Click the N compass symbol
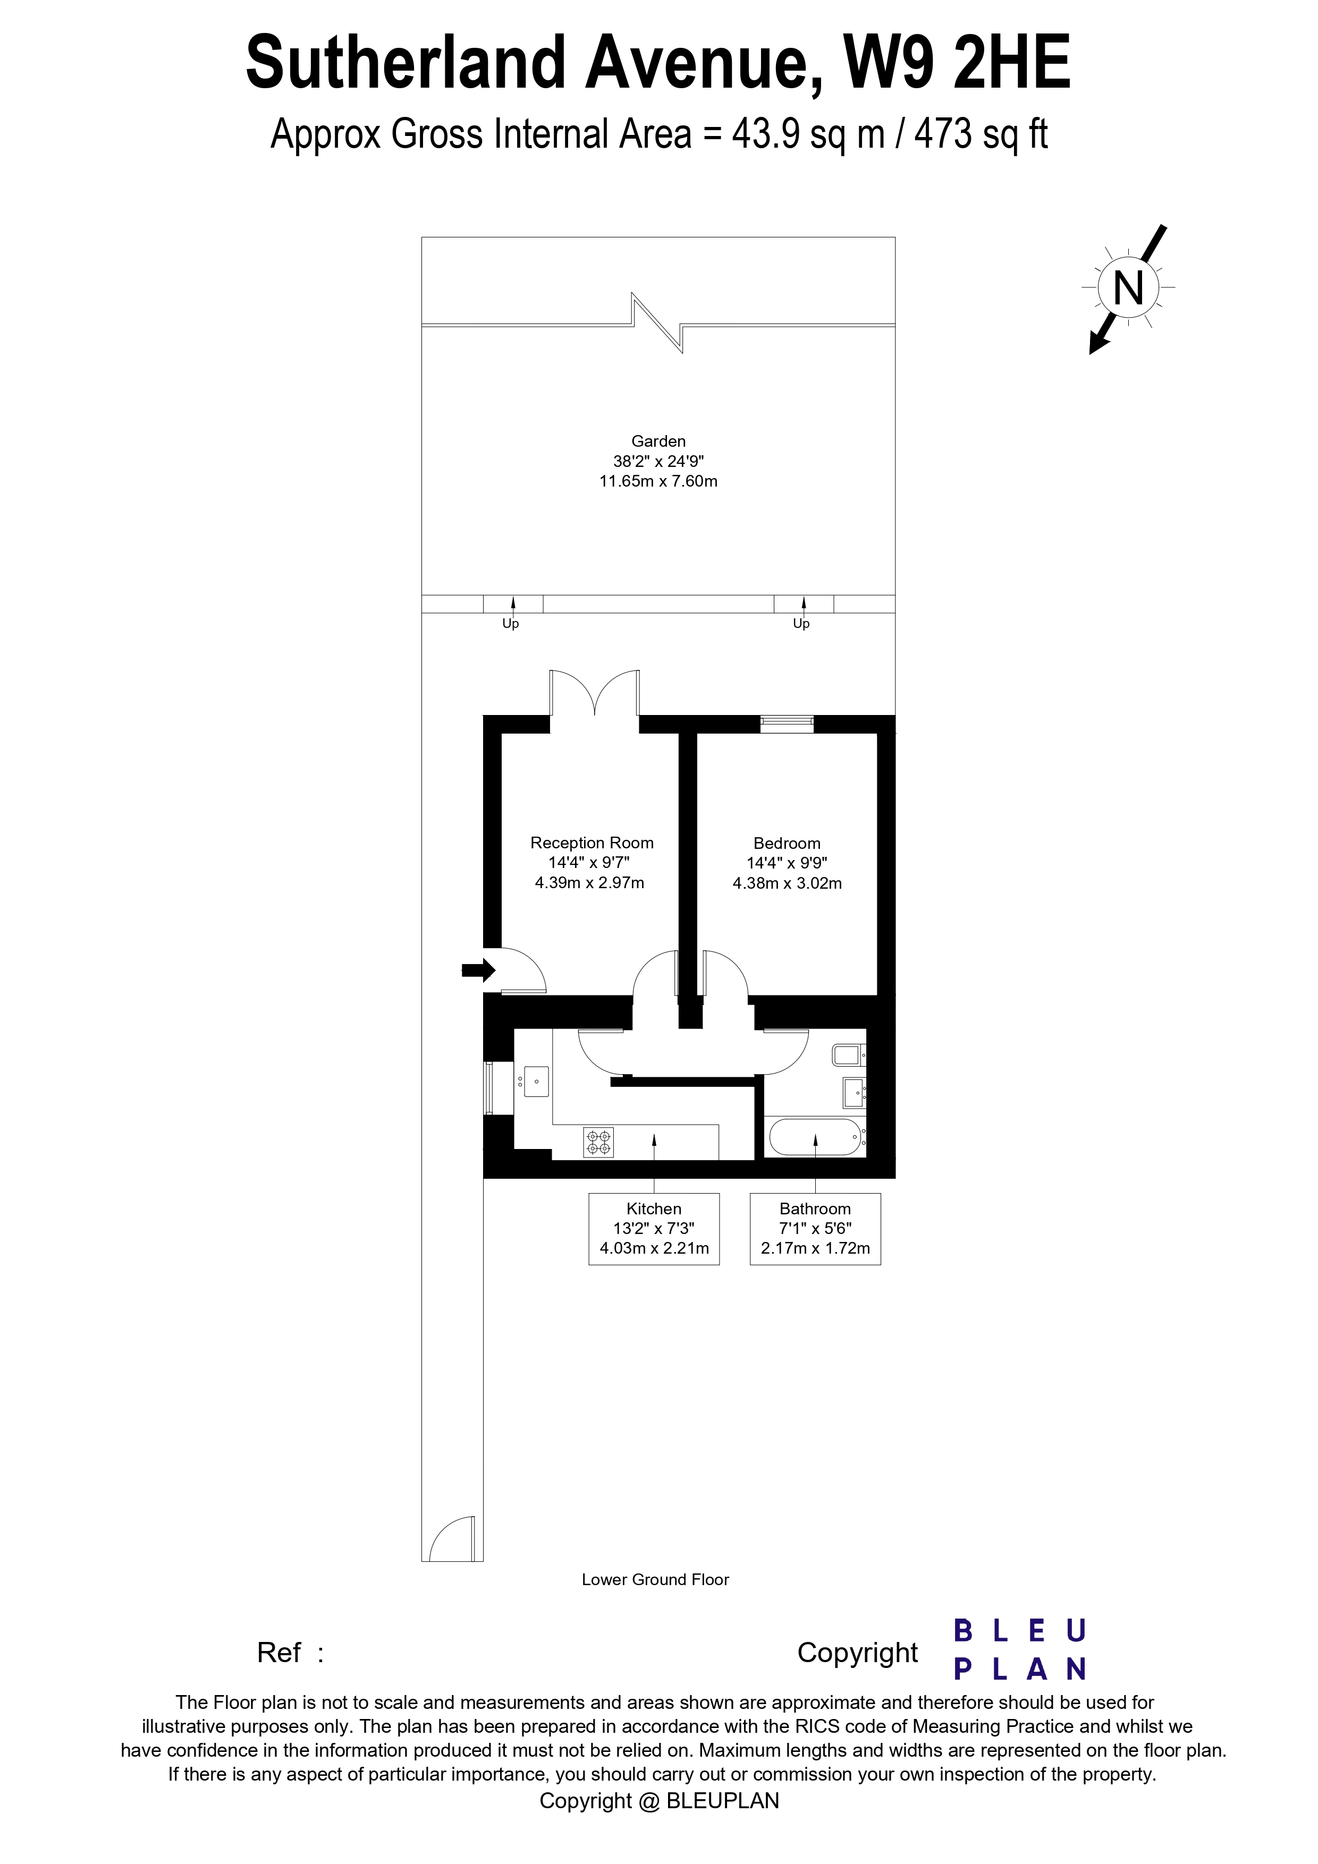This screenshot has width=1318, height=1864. (x=1128, y=288)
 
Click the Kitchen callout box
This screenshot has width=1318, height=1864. (x=654, y=1228)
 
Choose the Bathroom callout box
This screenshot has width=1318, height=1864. (x=815, y=1228)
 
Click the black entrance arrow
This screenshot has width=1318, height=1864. (x=478, y=969)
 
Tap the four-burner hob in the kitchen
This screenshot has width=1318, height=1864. (x=598, y=1142)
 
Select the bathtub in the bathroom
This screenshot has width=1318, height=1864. (x=815, y=1137)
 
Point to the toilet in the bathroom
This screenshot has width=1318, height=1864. (x=848, y=1054)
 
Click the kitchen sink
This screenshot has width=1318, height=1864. (x=537, y=1082)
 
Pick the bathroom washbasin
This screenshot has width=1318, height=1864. (x=854, y=1092)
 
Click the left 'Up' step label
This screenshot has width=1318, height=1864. (x=511, y=624)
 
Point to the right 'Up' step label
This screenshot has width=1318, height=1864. (x=801, y=624)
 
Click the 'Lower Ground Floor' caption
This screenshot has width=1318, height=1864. (x=655, y=1579)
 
